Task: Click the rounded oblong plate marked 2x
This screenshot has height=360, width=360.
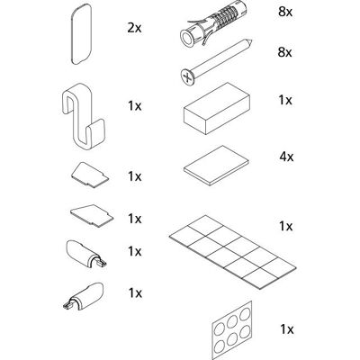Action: pyautogui.click(x=81, y=34)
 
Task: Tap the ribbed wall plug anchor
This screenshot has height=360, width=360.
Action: pyautogui.click(x=213, y=25)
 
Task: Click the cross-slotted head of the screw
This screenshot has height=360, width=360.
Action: pyautogui.click(x=188, y=76)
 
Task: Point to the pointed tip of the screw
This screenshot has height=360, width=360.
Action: pyautogui.click(x=252, y=40)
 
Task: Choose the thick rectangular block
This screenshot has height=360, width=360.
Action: pyautogui.click(x=217, y=109)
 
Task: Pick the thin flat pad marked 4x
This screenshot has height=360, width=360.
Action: pyautogui.click(x=216, y=165)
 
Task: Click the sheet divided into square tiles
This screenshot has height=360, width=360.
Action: pyautogui.click(x=232, y=252)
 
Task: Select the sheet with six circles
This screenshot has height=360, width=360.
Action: pyautogui.click(x=231, y=330)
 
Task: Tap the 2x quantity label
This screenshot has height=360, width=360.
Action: pyautogui.click(x=134, y=28)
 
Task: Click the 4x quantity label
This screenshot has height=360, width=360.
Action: pyautogui.click(x=286, y=157)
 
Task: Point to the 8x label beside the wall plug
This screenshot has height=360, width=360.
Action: pyautogui.click(x=284, y=12)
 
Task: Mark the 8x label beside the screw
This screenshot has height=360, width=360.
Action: pyautogui.click(x=284, y=52)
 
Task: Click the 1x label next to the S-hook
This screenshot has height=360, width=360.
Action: pyautogui.click(x=135, y=106)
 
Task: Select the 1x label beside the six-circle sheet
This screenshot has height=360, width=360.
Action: pyautogui.click(x=287, y=329)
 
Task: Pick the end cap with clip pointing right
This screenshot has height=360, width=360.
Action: pyautogui.click(x=85, y=253)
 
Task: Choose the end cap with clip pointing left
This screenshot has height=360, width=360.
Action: pyautogui.click(x=83, y=295)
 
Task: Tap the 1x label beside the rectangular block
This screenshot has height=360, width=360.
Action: pyautogui.click(x=285, y=100)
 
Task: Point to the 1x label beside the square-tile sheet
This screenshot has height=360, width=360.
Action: pyautogui.click(x=285, y=226)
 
